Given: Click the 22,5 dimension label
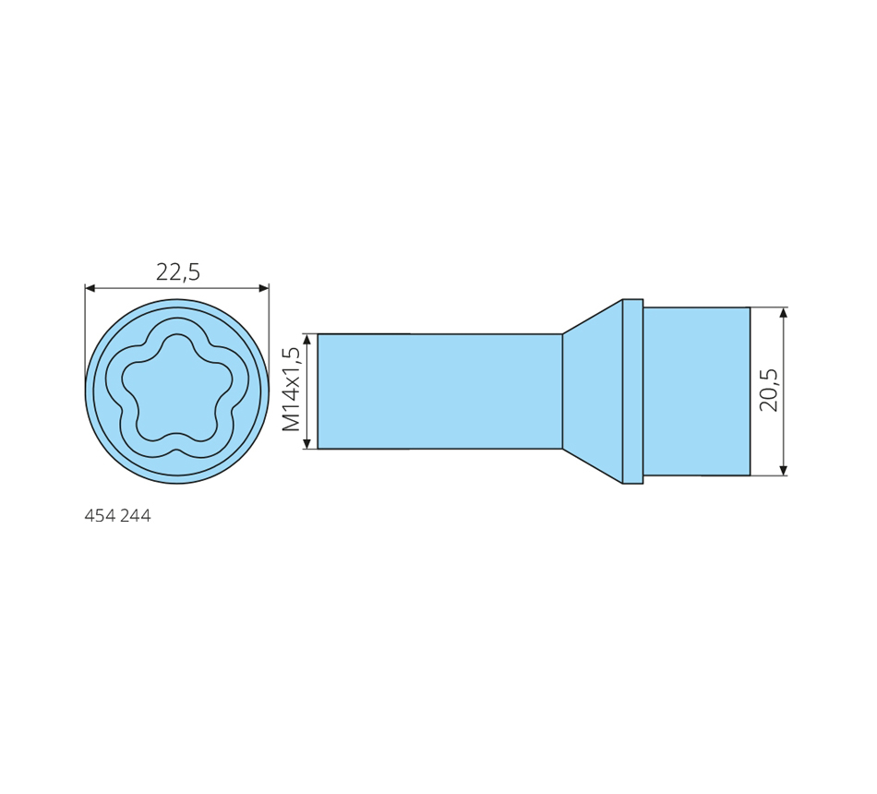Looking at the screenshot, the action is (x=178, y=272).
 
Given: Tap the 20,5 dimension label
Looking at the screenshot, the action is (x=768, y=390).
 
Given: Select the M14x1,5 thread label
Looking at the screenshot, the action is (x=292, y=390).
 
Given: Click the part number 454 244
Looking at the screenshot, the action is (x=117, y=515).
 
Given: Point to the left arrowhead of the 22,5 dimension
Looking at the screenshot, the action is (x=90, y=288).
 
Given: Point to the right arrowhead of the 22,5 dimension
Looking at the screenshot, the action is (x=263, y=288).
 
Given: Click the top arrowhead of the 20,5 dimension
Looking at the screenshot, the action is (x=783, y=313).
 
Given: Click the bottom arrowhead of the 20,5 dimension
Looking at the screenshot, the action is (x=783, y=469).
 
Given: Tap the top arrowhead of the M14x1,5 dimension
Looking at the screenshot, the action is (x=306, y=340).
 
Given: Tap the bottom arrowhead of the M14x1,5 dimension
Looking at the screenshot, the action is (x=306, y=442).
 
